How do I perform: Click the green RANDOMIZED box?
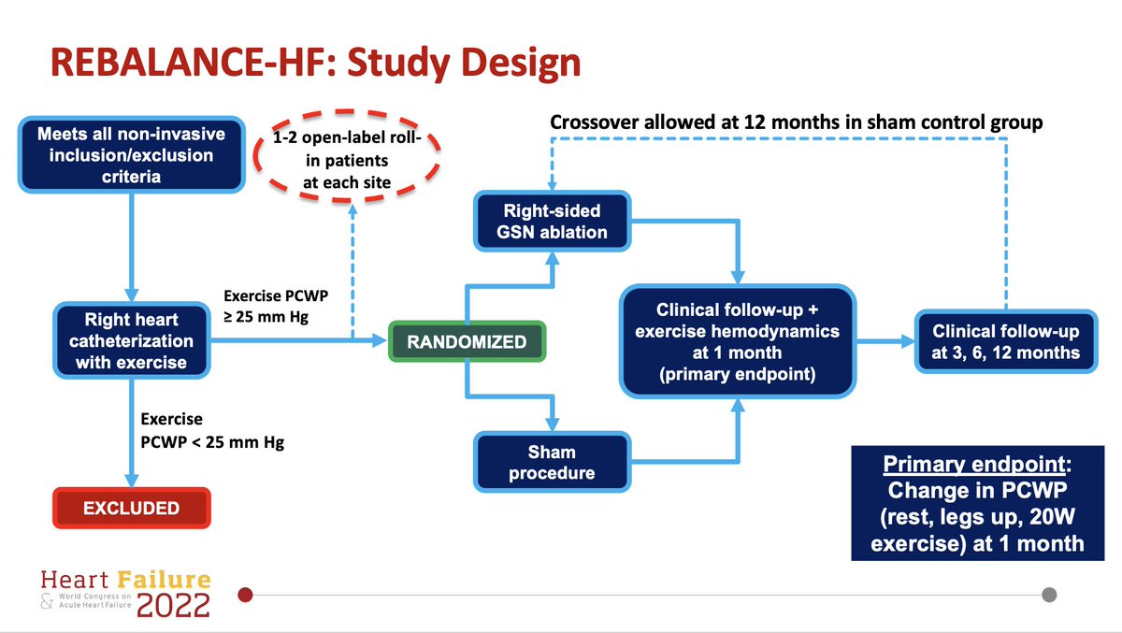pos(467,342)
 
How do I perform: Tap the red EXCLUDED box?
pos(131,509)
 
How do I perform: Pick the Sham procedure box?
pos(552,462)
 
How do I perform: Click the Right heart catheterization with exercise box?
pos(131,341)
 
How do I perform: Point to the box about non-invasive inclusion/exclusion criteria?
pos(131,154)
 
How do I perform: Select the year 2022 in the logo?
pos(173,605)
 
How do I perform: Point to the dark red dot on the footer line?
pos(246,595)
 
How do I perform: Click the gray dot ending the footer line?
pos(1049,595)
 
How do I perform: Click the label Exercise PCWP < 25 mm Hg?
pos(210,431)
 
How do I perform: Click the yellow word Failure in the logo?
pos(168,579)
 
